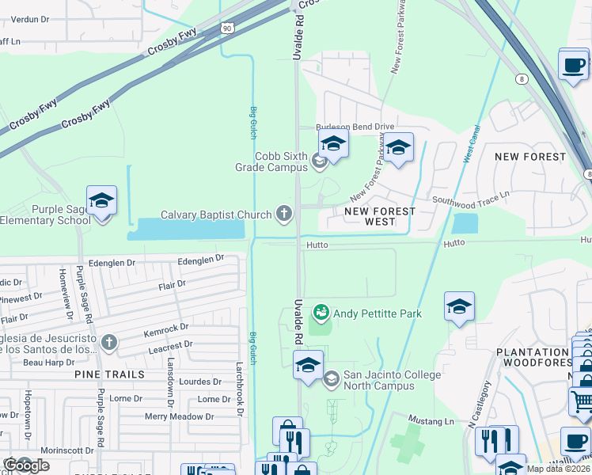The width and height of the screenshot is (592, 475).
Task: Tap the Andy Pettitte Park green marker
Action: tap(321, 313)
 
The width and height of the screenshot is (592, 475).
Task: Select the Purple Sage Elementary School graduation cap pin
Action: tap(101, 201)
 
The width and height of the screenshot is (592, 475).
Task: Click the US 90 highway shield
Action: tap(227, 28)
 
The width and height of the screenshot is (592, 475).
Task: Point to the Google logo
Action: tap(26, 465)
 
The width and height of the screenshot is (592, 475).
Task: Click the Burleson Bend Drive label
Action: tap(355, 127)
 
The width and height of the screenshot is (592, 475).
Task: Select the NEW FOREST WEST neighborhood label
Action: tap(380, 217)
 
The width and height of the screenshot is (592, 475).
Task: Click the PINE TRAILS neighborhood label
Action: tap(110, 373)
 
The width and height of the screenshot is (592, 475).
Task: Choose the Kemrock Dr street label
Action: tap(167, 326)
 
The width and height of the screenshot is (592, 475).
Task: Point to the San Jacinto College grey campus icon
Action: tap(331, 379)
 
